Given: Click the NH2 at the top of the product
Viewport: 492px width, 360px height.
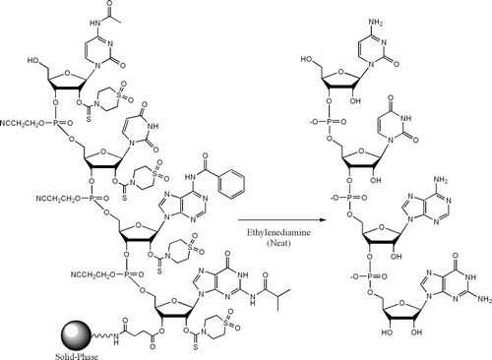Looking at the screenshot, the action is (x=410, y=7).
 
